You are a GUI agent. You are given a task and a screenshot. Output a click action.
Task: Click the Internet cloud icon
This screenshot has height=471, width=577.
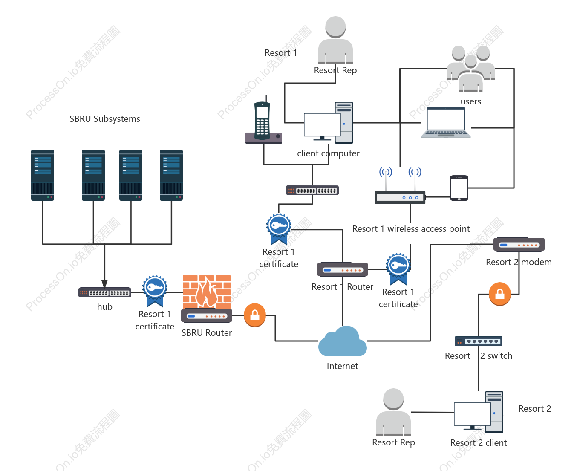pos(342,341)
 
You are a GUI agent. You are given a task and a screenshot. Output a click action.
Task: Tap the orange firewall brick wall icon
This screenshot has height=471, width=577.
pos(206,292)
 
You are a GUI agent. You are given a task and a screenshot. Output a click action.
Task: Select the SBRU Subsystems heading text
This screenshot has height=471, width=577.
pos(104,119)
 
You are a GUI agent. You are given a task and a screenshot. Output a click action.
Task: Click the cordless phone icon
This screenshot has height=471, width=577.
pos(263,121)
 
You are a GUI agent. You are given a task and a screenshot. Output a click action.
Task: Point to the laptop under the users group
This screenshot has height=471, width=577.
pos(445,123)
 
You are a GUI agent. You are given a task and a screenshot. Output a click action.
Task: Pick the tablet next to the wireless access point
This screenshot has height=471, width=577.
pos(459,188)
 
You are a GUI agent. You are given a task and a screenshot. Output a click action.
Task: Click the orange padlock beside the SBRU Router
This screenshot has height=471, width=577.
pos(254,315)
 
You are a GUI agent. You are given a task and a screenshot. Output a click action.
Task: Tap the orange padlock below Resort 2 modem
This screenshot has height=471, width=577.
pos(499,294)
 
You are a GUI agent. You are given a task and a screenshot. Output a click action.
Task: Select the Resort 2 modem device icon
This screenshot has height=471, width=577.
pos(519,244)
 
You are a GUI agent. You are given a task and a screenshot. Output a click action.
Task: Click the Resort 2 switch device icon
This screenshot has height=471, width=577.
pos(478,341)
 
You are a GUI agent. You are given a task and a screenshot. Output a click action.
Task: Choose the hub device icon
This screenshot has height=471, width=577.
pos(104,292)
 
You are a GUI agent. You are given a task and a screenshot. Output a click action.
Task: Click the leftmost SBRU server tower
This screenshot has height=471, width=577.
pos(43,175)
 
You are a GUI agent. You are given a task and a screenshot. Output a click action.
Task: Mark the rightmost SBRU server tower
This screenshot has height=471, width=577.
pos(171,175)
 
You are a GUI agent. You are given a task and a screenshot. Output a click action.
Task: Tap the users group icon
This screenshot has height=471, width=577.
pos(470,69)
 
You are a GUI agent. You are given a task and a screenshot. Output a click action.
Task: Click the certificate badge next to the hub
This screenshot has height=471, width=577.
pos(155,291)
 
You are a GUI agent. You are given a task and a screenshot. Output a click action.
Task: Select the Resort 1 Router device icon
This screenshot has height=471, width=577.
pos(342,269)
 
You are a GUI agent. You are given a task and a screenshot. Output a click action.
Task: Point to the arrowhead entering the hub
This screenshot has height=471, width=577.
pos(104,284)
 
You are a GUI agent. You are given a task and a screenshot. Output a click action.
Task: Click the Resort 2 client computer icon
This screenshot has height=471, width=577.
pos(478,412)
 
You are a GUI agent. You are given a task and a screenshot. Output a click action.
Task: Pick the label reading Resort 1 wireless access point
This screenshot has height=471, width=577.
pos(411,228)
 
